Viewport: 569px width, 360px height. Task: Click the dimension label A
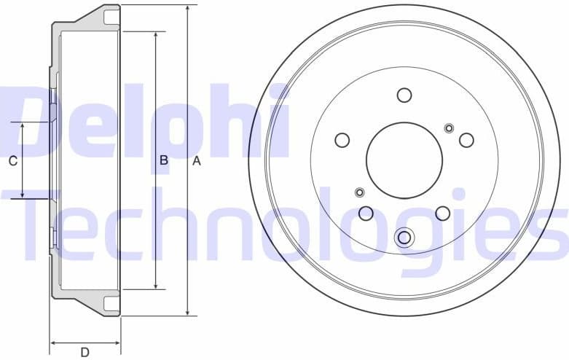196,162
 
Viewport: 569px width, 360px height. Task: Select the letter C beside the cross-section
12,162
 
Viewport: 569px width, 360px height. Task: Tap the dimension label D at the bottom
85,353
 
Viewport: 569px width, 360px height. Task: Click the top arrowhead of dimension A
188,8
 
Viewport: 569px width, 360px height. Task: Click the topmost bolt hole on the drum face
404,95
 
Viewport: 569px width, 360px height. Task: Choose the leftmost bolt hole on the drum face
342,140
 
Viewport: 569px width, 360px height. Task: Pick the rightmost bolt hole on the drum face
466,140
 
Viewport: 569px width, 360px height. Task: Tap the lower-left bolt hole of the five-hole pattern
366,214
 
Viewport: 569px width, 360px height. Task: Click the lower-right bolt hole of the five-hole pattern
442,214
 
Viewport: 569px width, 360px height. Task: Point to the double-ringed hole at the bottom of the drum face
404,237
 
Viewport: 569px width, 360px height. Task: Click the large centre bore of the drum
404,160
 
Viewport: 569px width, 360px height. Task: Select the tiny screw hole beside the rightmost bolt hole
449,129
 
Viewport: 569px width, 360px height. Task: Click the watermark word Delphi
146,120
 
